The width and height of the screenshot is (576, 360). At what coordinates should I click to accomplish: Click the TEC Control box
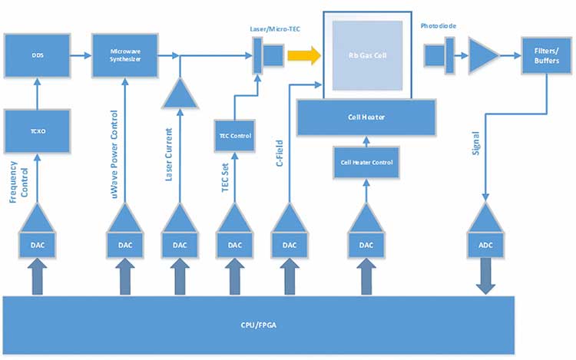236,136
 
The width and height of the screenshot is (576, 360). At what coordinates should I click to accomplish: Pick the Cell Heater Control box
367,162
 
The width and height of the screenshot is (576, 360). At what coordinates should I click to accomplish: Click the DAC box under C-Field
290,245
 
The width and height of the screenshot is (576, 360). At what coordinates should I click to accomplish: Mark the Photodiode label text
439,25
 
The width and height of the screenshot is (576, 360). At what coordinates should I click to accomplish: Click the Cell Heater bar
366,117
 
